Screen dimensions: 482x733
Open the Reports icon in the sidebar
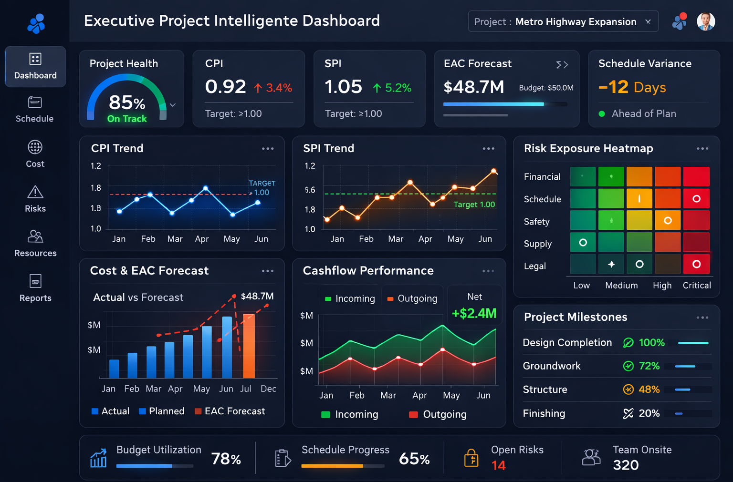coord(35,281)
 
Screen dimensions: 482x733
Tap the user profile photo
coord(706,21)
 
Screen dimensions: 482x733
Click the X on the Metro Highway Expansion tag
coord(648,21)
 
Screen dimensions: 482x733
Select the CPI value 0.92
coord(225,87)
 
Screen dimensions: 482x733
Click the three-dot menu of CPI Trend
coord(268,149)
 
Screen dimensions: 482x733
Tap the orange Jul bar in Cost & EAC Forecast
coord(249,346)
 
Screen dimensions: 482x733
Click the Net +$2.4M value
coord(474,313)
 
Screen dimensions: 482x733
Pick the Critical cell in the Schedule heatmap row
coord(696,199)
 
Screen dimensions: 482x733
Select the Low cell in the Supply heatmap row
coord(583,243)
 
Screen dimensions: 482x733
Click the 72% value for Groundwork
coord(649,366)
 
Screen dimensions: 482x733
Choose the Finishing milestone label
coord(544,413)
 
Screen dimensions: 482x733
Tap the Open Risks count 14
coord(498,465)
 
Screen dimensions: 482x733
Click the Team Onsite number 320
coord(626,465)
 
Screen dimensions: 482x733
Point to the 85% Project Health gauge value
coord(127,103)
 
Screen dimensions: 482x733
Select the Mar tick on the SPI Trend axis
coord(396,239)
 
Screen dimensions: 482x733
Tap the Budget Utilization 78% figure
coord(226,459)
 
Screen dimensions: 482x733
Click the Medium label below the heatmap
coord(621,285)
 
